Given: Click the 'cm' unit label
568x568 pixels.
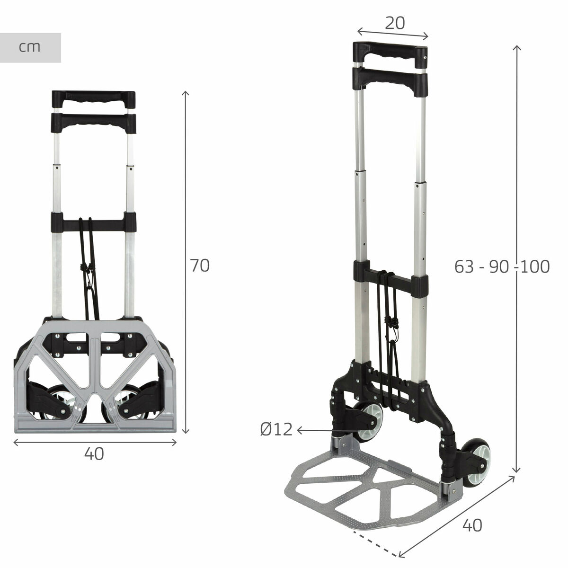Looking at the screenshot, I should (30, 47).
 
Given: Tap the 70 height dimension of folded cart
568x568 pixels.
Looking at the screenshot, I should (199, 266).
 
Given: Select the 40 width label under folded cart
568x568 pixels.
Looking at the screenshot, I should (94, 454).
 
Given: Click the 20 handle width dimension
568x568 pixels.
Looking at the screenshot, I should (394, 23).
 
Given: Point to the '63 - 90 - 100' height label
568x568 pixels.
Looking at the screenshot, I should (502, 267).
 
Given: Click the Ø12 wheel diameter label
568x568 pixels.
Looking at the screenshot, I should (276, 430).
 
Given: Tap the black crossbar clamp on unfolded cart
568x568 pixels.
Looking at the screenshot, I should (391, 280).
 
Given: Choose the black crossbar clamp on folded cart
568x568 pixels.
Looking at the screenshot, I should (94, 221).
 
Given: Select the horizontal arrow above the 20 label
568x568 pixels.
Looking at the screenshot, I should (393, 33).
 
